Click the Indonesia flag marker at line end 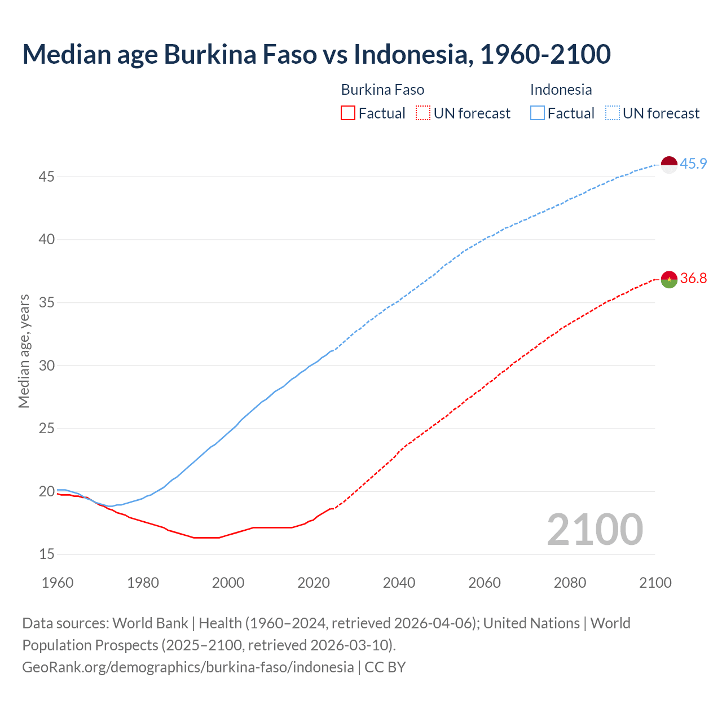(668, 165)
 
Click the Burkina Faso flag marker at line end (668, 279)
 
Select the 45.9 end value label (693, 164)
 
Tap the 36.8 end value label (693, 279)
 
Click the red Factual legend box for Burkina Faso (348, 113)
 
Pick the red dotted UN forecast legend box (423, 113)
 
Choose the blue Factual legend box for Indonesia (538, 113)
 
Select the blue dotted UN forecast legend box (612, 113)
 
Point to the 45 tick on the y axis (46, 177)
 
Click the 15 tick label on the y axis (46, 554)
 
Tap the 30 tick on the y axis (46, 366)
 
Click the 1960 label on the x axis (58, 583)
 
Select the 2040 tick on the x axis (399, 583)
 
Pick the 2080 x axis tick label (570, 583)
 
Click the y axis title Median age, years (24, 351)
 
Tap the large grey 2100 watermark (595, 529)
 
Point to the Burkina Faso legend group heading (382, 90)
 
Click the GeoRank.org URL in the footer (188, 667)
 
